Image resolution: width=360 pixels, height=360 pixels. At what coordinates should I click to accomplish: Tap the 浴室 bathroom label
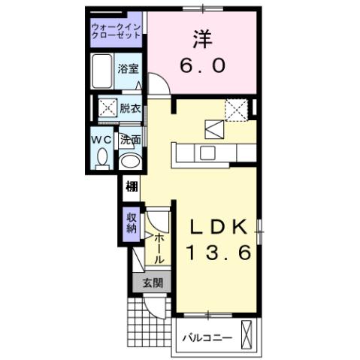click(128, 68)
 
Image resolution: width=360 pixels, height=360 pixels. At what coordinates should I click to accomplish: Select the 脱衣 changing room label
click(130, 108)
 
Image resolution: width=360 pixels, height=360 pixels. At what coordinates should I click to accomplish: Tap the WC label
click(102, 141)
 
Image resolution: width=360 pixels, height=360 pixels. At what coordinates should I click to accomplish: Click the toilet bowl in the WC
click(103, 157)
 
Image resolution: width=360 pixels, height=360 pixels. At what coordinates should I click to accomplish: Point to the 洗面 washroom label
click(131, 141)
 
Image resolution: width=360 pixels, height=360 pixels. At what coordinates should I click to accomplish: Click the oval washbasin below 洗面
click(130, 161)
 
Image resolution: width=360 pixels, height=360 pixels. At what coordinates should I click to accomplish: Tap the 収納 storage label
click(131, 223)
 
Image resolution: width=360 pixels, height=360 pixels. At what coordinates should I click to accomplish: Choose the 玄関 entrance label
click(152, 283)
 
